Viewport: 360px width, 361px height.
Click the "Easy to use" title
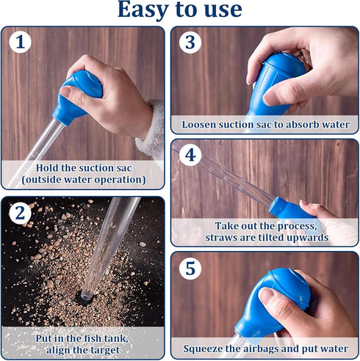click(179, 10)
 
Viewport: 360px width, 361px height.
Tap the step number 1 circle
click(21, 42)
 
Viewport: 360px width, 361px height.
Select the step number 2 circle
click(21, 214)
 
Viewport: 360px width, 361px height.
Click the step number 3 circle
click(190, 42)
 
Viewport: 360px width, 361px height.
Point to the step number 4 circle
click(190, 155)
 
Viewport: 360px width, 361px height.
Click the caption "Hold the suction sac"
click(83, 167)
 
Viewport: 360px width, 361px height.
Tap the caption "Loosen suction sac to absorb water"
click(265, 124)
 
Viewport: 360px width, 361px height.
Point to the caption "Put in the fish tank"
click(82, 338)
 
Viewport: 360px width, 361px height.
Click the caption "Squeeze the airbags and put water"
click(265, 348)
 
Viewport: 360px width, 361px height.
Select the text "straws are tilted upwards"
click(266, 238)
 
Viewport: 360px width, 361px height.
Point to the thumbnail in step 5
click(266, 296)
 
